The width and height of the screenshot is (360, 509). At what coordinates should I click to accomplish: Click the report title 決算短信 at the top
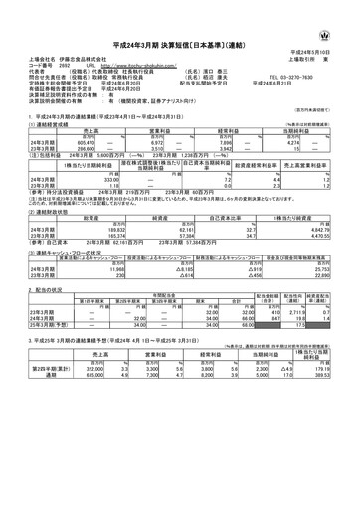point(179,33)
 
